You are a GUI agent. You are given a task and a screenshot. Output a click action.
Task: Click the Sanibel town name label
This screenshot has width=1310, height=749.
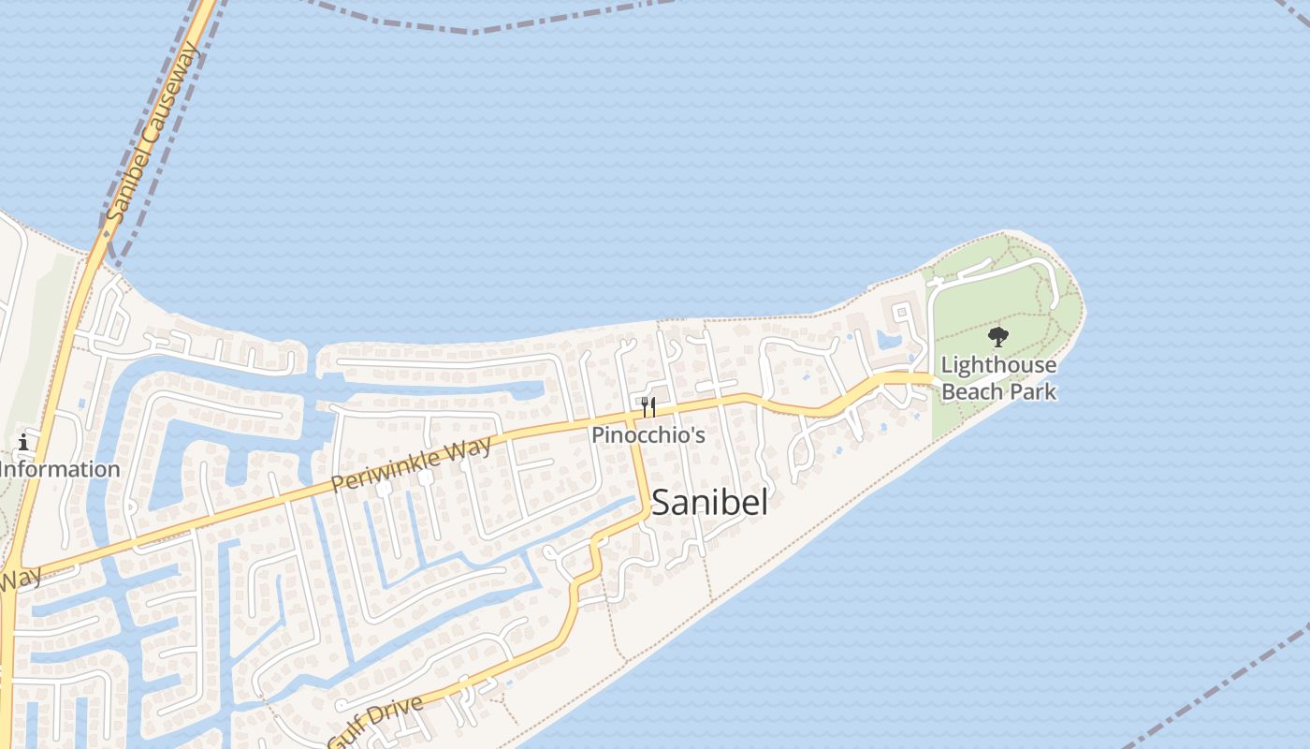click(709, 503)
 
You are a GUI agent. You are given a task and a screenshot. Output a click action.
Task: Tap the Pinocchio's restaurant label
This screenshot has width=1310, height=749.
click(648, 435)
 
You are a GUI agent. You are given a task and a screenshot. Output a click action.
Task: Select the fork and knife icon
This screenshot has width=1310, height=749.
click(648, 407)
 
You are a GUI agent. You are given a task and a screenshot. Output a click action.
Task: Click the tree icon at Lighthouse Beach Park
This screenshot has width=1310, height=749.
click(998, 337)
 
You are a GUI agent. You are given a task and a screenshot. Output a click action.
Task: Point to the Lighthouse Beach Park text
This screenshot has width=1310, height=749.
click(998, 378)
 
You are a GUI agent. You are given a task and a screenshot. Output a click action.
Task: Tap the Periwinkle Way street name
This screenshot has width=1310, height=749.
click(412, 464)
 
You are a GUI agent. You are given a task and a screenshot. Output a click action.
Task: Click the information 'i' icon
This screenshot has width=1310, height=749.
click(23, 443)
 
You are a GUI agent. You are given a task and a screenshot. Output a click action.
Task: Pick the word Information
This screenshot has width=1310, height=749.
click(62, 469)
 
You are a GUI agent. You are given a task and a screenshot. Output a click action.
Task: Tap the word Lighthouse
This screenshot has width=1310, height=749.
click(998, 365)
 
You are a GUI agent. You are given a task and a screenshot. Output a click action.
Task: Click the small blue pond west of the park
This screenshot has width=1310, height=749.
click(888, 338)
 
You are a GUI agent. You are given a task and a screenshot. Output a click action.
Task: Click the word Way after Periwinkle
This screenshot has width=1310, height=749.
click(468, 448)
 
